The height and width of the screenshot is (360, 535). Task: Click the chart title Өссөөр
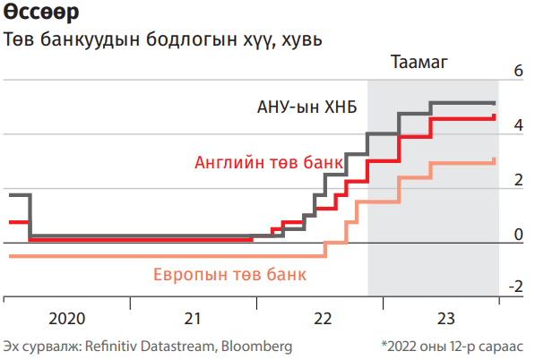coord(41,12)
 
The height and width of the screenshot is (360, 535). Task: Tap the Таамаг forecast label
coord(419,62)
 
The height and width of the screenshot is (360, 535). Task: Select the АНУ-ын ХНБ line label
coord(307,107)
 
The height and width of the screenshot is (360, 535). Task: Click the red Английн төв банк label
coord(269,162)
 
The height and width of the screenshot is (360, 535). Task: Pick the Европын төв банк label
coord(229,274)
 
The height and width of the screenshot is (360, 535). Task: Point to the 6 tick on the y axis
coord(518,71)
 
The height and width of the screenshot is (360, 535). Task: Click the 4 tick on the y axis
coord(518,125)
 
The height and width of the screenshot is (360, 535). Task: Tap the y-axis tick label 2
coord(518,180)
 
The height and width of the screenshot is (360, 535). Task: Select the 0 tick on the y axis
coord(518,235)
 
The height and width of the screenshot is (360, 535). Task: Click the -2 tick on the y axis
coord(516,287)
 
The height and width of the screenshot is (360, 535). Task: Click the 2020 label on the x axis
coord(67,319)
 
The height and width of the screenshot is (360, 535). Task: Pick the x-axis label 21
coord(193,319)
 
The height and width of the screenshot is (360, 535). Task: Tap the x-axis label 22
coord(323,319)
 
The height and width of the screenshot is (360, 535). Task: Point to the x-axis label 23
coord(446,319)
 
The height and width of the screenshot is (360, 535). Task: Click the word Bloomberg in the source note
coord(256,347)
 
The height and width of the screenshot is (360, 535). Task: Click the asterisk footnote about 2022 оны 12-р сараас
coord(452,347)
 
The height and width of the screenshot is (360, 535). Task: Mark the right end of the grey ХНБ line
coord(495,103)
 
